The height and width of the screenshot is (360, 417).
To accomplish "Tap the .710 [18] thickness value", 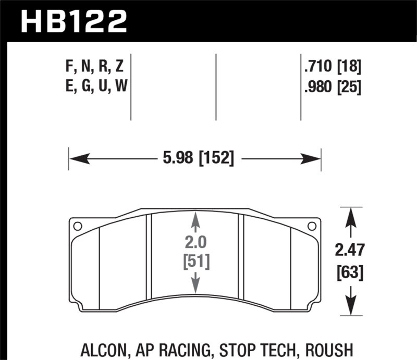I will [x=332, y=67].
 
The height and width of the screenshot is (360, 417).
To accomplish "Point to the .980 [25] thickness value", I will [x=332, y=86].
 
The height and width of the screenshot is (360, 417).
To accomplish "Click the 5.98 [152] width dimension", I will [x=195, y=158].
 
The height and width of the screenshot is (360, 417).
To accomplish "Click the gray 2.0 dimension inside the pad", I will [x=195, y=242].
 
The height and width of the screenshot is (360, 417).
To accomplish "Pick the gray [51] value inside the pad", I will [x=195, y=262].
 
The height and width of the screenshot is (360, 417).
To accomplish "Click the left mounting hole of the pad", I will [x=78, y=226].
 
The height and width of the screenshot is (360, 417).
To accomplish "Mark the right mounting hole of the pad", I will [x=312, y=226].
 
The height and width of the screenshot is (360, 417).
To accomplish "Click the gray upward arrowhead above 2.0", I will [x=195, y=217].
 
